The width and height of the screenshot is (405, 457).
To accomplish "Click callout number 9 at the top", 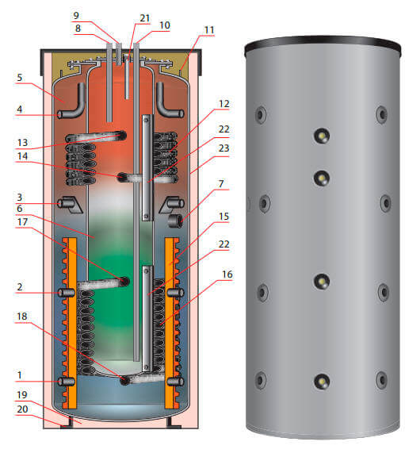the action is (x=76, y=15).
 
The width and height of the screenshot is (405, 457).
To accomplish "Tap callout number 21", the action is (x=145, y=18).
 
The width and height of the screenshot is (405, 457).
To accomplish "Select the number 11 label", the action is (x=209, y=29).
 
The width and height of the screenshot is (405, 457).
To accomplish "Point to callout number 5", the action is (x=20, y=78).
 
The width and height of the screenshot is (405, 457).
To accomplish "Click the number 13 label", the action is (x=22, y=143).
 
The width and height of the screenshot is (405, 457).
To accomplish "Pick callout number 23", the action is (x=224, y=148).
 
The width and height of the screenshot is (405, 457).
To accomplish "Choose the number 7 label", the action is (x=221, y=183).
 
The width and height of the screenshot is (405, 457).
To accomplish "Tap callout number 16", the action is (x=227, y=275).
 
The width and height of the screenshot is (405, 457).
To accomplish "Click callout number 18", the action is (x=22, y=317).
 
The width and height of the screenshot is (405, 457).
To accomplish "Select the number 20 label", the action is (x=22, y=409).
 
